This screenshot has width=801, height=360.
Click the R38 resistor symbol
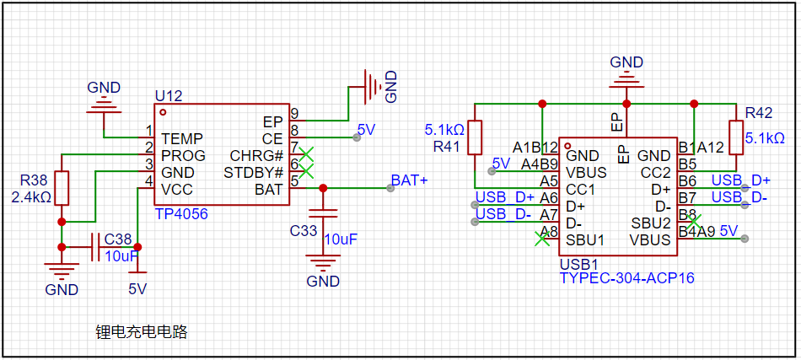(x=62, y=188)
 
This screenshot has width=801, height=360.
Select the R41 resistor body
(x=475, y=137)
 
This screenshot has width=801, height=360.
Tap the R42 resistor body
(x=735, y=137)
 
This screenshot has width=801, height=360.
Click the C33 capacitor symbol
(x=322, y=213)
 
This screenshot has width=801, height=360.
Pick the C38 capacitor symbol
(x=95, y=247)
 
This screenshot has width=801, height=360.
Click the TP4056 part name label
(x=180, y=214)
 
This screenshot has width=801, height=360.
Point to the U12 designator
(x=168, y=96)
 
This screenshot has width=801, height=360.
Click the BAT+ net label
(x=409, y=180)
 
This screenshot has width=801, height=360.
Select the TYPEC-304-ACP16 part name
(x=626, y=278)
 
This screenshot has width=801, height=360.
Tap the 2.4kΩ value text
(x=31, y=196)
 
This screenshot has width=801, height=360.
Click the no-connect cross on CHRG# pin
(x=305, y=154)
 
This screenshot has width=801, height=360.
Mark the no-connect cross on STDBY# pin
(x=305, y=171)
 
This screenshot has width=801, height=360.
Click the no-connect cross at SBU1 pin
(x=542, y=239)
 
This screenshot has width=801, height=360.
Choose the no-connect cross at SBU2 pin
(x=694, y=222)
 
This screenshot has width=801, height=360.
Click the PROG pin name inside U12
(x=184, y=155)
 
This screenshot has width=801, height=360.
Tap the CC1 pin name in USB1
(x=580, y=189)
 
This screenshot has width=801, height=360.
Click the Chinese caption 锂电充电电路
(x=142, y=332)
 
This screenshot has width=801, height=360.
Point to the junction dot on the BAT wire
(x=322, y=188)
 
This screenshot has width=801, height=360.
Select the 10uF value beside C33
(x=341, y=239)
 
